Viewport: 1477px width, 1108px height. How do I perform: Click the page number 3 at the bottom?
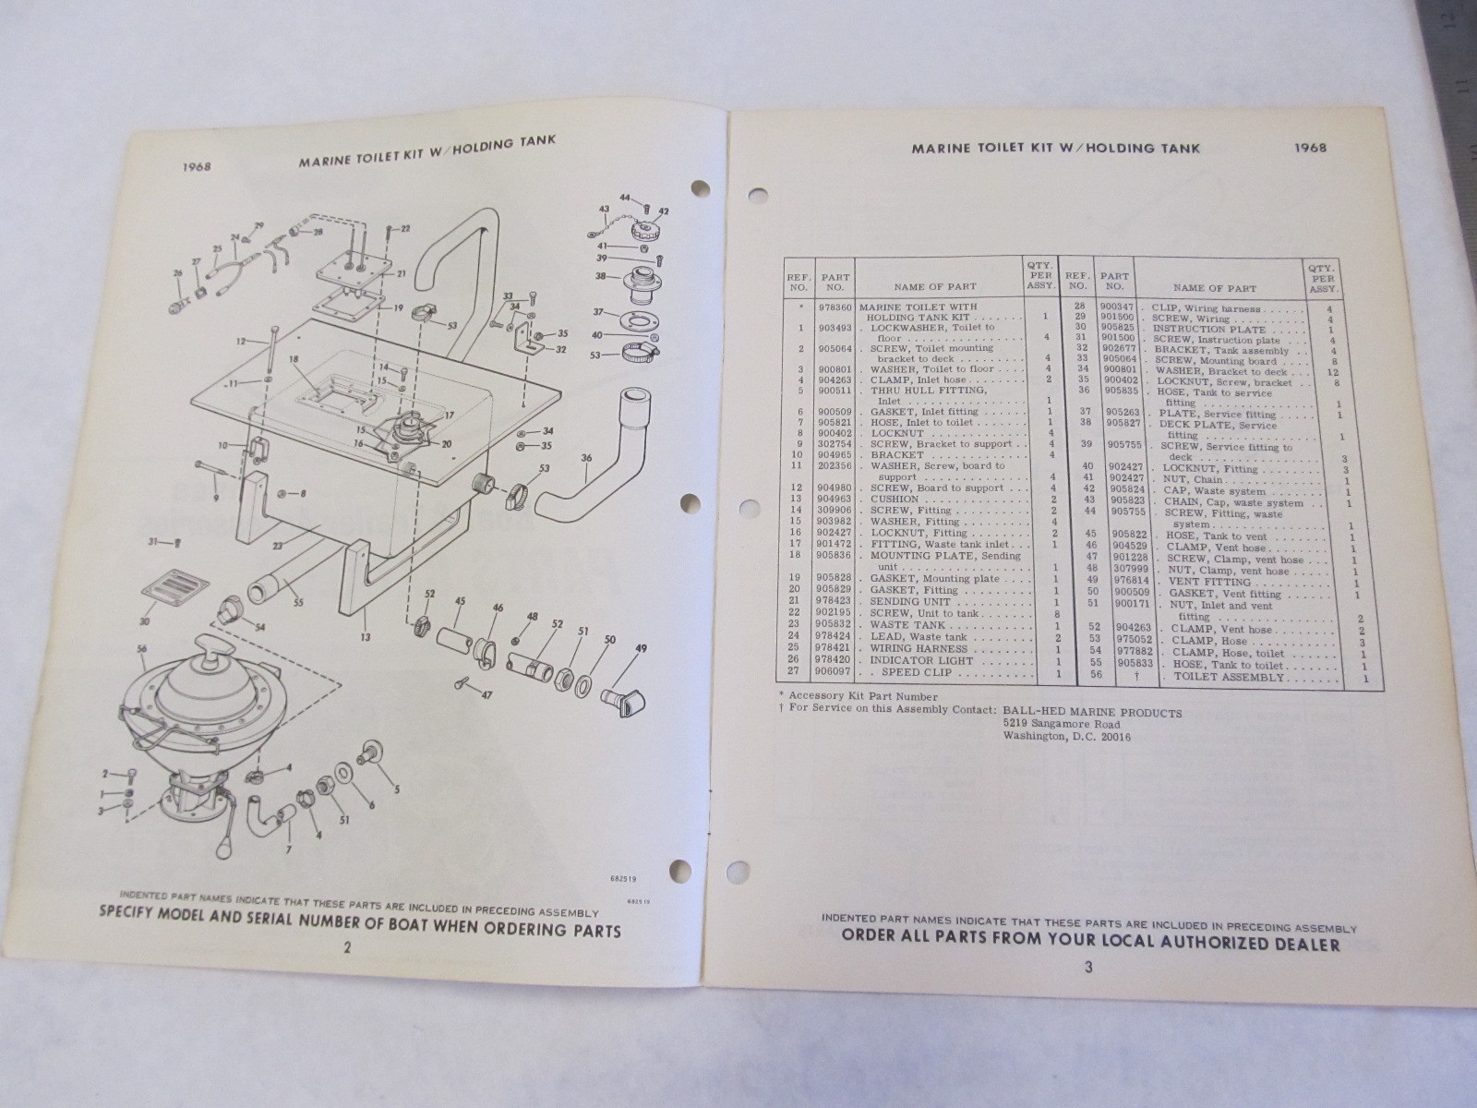point(1088,968)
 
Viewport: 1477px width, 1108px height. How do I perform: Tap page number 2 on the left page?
point(346,946)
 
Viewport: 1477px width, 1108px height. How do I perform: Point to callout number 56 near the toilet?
point(141,649)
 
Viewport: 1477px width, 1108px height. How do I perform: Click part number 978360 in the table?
point(835,307)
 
